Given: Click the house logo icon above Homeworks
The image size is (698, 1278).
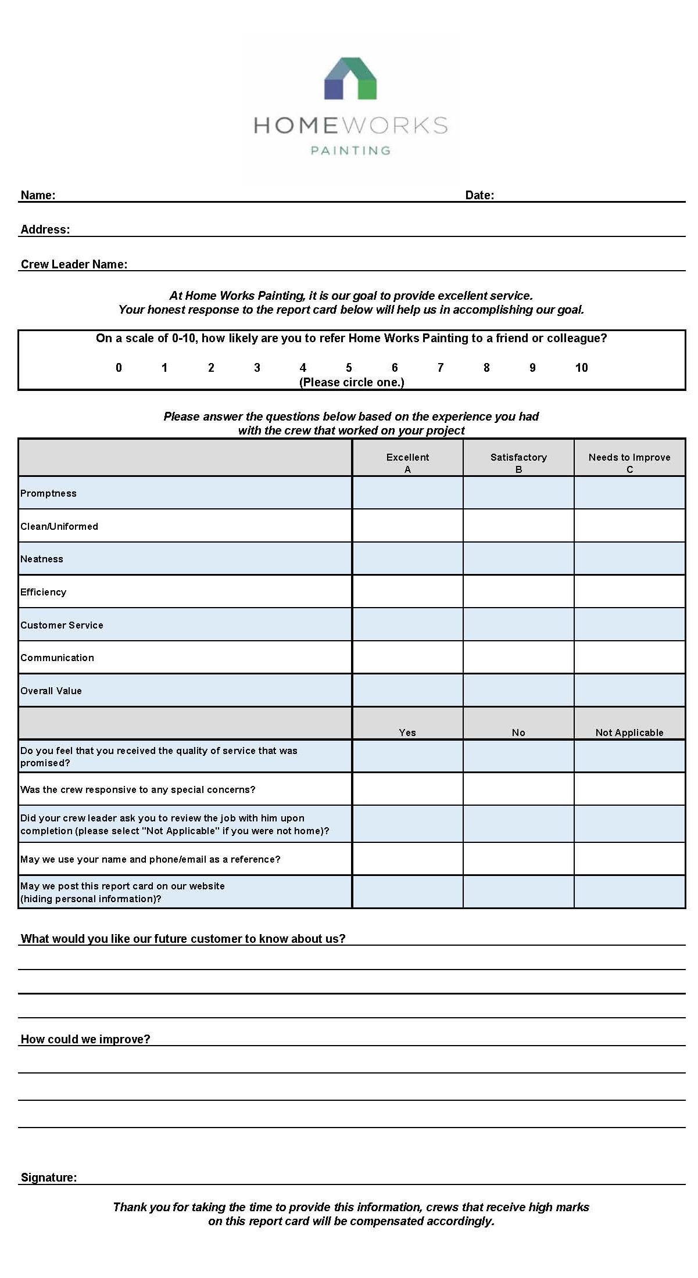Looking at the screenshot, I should pyautogui.click(x=350, y=78).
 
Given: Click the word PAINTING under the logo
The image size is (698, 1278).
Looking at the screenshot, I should pyautogui.click(x=350, y=150).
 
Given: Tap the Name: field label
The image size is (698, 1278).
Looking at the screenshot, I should pyautogui.click(x=38, y=195).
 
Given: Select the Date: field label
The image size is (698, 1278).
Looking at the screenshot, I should pyautogui.click(x=479, y=195).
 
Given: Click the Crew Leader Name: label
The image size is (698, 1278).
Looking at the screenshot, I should pyautogui.click(x=74, y=264).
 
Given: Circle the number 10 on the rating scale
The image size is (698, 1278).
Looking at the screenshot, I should pyautogui.click(x=581, y=368).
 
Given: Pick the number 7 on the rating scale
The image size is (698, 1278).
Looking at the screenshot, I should pyautogui.click(x=441, y=368).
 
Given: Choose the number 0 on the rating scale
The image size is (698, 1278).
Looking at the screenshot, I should pyautogui.click(x=119, y=368).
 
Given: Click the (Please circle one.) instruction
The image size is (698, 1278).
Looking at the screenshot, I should pyautogui.click(x=352, y=382).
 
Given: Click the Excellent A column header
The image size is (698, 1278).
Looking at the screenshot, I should pyautogui.click(x=407, y=462).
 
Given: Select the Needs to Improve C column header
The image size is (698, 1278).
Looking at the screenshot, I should pyautogui.click(x=629, y=462).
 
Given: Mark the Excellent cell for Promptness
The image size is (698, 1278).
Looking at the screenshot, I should pyautogui.click(x=407, y=493).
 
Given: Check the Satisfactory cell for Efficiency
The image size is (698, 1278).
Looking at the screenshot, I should pyautogui.click(x=518, y=591).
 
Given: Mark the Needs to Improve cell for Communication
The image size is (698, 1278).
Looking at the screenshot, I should pyautogui.click(x=629, y=658).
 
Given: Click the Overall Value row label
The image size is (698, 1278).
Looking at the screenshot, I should pyautogui.click(x=51, y=691).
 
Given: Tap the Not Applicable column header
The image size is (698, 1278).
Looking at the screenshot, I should pyautogui.click(x=629, y=733).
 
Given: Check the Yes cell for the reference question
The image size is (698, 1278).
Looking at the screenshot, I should pyautogui.click(x=407, y=859).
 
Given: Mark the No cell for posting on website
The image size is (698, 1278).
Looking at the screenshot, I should pyautogui.click(x=518, y=892).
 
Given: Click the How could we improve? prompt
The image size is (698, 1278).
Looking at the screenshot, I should pyautogui.click(x=85, y=1039).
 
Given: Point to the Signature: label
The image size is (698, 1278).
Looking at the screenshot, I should pyautogui.click(x=49, y=1178).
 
